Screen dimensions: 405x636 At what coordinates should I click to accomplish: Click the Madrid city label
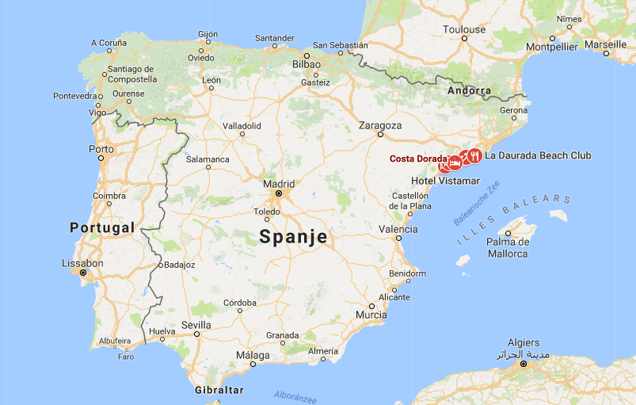(x=279, y=183)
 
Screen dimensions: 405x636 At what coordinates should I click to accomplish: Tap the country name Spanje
(x=293, y=236)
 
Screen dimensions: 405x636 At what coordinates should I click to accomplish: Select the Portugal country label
(x=102, y=227)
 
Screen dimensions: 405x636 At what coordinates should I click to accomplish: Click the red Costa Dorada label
(x=418, y=159)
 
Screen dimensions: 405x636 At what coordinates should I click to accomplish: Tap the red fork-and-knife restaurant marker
(x=474, y=155)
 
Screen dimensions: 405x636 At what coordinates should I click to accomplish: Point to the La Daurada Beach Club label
(x=538, y=155)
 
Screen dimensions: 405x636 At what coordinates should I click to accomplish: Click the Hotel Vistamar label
(x=445, y=181)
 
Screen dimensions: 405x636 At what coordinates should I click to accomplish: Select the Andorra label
(x=470, y=90)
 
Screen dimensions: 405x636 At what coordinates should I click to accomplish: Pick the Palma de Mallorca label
(x=507, y=247)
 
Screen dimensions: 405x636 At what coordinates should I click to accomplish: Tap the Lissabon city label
(x=82, y=263)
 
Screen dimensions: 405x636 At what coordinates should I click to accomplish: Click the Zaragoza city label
(x=380, y=125)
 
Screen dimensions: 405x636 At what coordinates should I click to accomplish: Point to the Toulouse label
(x=464, y=29)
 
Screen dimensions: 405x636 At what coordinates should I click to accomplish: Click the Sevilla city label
(x=196, y=325)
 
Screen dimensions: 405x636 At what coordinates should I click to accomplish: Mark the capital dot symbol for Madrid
(x=279, y=193)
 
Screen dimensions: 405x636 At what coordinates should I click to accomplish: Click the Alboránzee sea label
(x=296, y=394)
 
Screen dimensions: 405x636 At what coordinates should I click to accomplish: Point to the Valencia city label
(x=398, y=229)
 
